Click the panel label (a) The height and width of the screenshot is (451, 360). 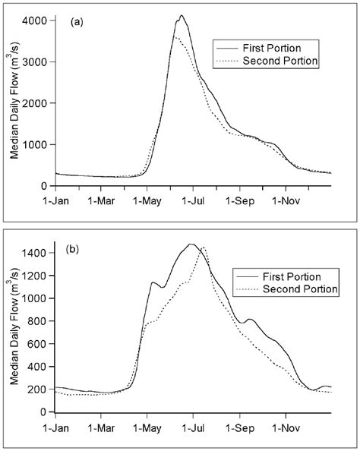pyautogui.click(x=76, y=23)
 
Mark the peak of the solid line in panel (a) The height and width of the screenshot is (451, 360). pyautogui.click(x=181, y=15)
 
